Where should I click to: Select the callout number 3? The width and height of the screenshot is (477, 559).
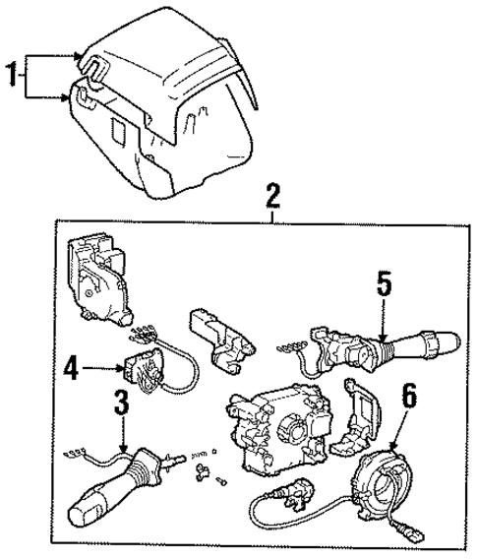121,403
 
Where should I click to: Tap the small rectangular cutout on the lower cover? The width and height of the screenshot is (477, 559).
117,131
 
